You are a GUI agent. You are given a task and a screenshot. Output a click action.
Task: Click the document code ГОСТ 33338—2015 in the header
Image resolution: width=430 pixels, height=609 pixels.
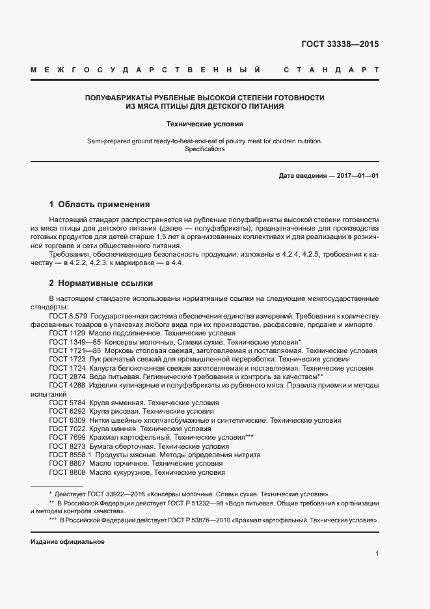(x=340, y=45)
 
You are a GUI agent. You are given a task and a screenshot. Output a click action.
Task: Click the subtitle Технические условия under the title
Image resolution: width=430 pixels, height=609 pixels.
(x=205, y=123)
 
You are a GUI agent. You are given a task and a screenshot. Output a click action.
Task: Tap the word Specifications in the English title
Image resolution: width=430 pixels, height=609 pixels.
(x=205, y=149)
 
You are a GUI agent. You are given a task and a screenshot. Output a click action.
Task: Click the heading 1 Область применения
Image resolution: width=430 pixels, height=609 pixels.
(x=100, y=204)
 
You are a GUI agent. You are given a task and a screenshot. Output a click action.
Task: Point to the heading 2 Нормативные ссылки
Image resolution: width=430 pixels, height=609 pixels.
(x=101, y=283)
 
